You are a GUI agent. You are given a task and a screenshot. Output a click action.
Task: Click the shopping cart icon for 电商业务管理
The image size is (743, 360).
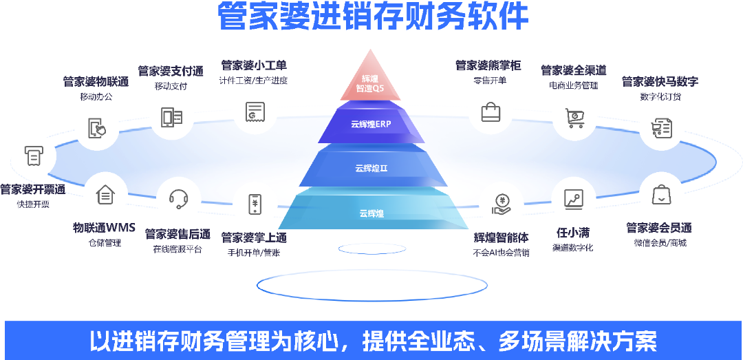point(574,119)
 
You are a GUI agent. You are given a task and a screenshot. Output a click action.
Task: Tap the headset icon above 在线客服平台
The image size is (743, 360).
point(179,200)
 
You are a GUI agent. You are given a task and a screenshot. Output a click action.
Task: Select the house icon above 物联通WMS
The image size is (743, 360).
point(105,195)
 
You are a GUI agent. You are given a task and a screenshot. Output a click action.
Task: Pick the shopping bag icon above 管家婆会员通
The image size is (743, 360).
point(661,195)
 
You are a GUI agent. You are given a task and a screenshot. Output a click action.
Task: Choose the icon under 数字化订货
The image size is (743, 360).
point(661,128)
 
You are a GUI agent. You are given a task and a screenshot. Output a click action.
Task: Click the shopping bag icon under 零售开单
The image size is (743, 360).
point(490,112)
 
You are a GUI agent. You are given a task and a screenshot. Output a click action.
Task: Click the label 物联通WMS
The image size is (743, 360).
point(104,228)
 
